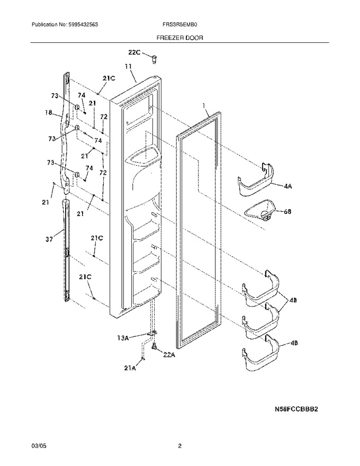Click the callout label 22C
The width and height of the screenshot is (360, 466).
point(134,52)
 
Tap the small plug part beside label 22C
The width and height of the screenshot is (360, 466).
point(154,59)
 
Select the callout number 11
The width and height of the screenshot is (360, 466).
point(128,67)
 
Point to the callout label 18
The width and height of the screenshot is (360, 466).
point(48,113)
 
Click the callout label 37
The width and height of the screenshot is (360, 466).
point(49,239)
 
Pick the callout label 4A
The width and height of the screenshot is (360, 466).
point(288,186)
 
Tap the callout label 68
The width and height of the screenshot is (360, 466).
point(287,212)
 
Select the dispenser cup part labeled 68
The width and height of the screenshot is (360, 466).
point(259,210)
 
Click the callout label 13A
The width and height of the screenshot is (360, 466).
point(122,338)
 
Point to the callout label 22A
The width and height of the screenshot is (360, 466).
point(169,354)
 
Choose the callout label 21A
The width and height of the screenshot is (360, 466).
point(130,368)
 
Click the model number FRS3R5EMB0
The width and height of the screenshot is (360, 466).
point(178,25)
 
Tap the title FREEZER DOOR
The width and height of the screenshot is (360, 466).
point(179,38)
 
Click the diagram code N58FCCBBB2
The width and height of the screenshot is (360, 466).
point(296,409)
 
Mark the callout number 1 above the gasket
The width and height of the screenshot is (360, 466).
point(204,105)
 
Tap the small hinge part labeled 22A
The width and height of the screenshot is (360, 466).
point(154,346)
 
